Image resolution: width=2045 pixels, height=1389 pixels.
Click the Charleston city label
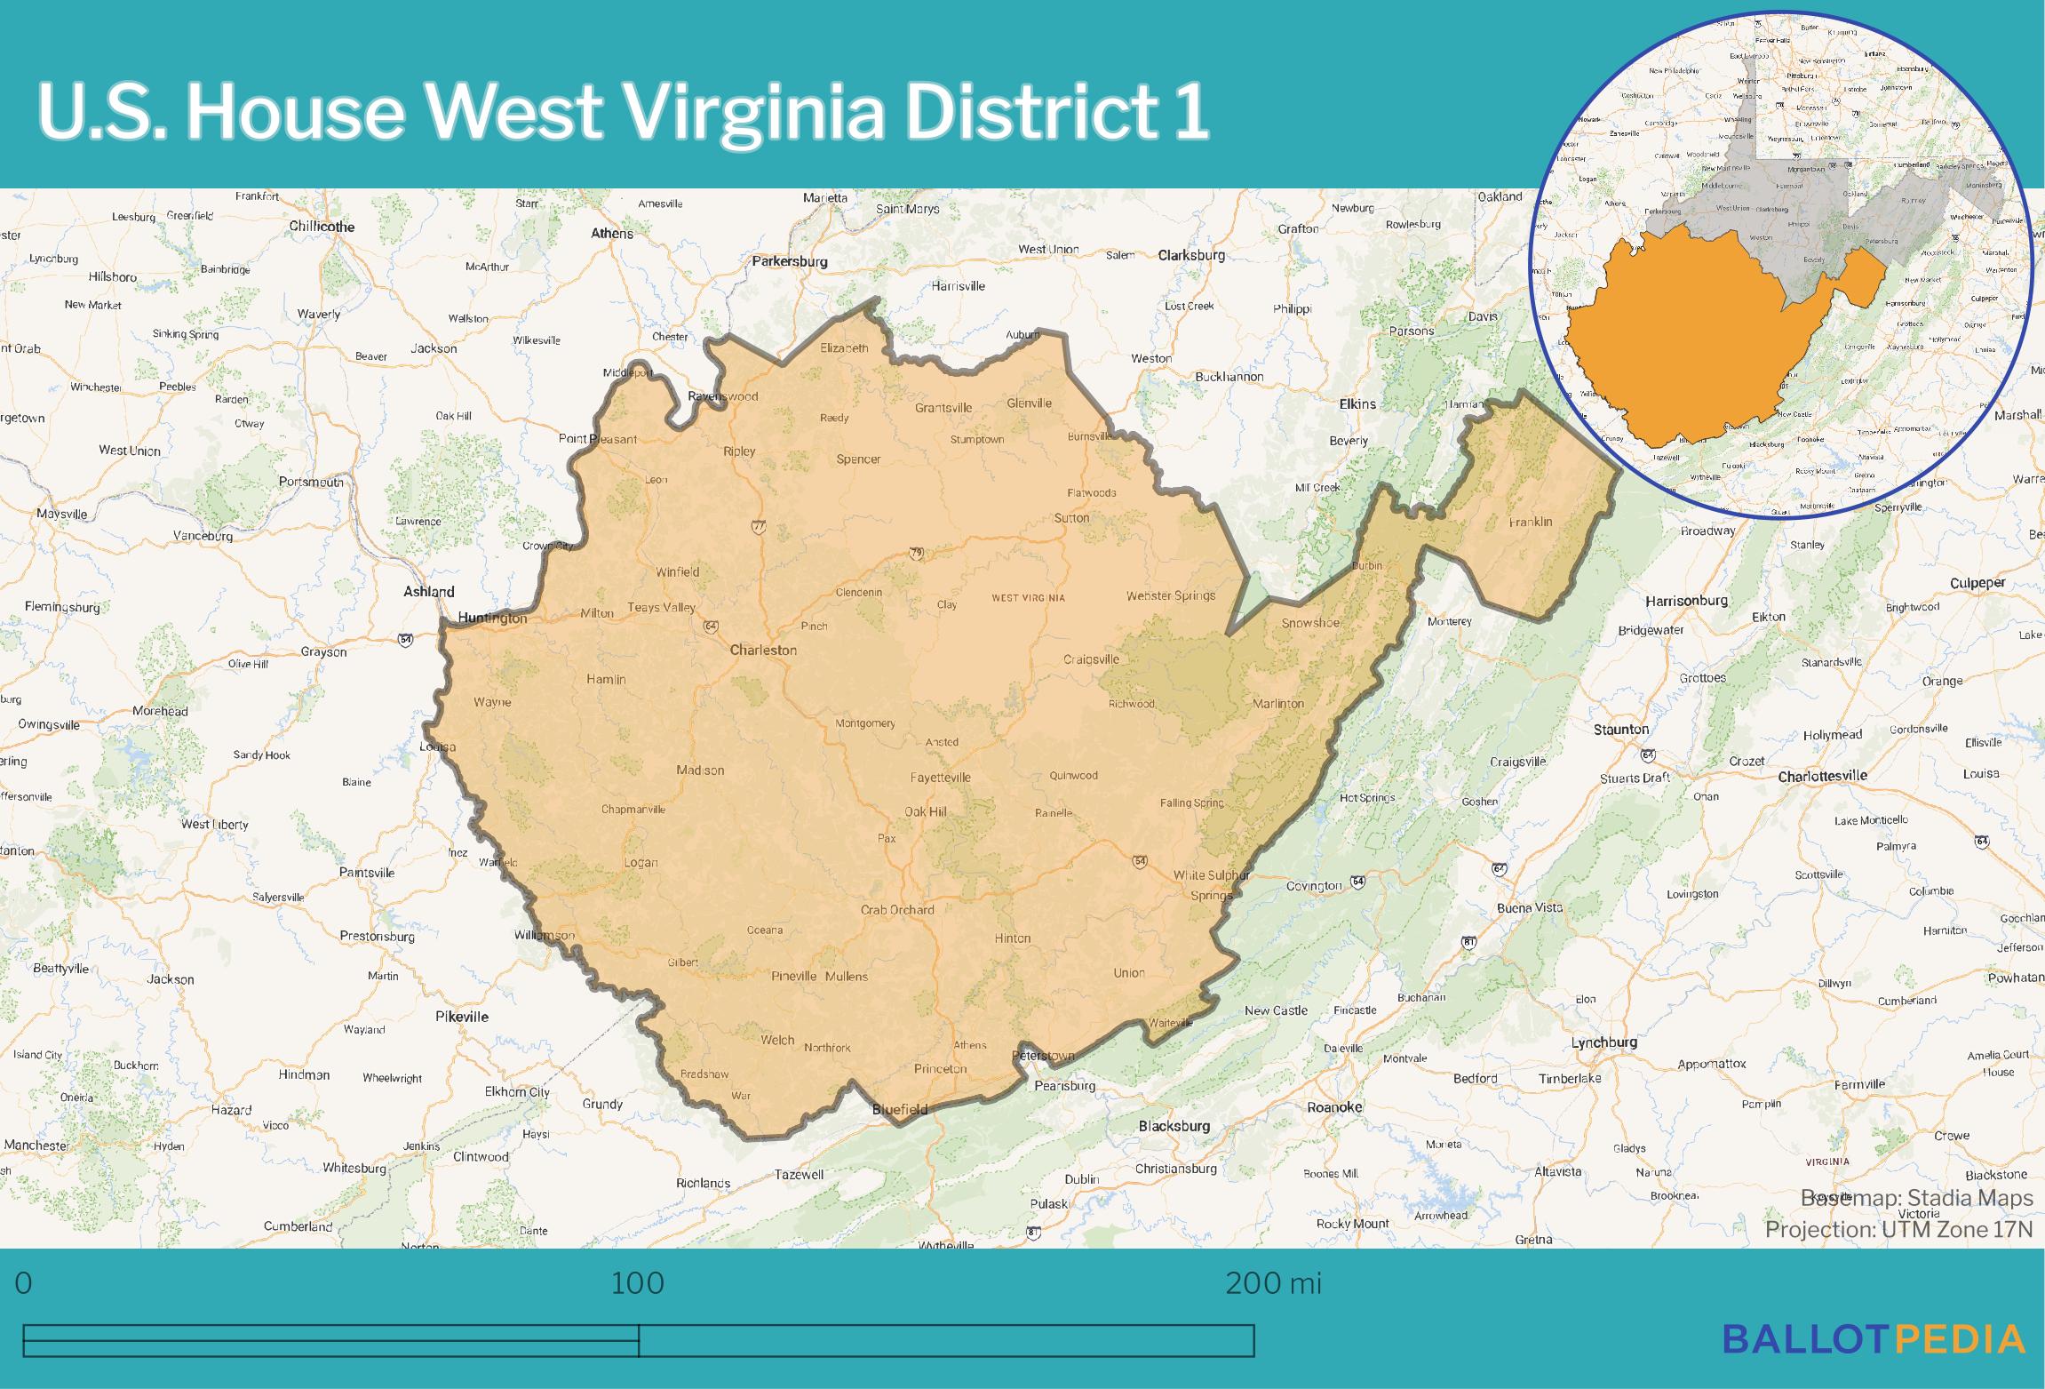pos(763,650)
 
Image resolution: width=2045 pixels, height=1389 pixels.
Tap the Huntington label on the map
pos(492,618)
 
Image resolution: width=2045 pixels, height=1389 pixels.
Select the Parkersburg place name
pos(790,261)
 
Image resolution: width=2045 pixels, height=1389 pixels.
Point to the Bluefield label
pos(900,1109)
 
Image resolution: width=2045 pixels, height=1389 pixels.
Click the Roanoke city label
pos(1334,1107)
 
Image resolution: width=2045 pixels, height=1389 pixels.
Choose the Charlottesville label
pos(1822,776)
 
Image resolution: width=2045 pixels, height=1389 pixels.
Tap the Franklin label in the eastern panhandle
pos(1531,522)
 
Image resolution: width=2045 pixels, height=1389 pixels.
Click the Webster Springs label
pos(1170,595)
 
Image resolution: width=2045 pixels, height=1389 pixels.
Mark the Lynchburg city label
pos(1603,1042)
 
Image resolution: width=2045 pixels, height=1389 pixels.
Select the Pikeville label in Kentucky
pos(462,1017)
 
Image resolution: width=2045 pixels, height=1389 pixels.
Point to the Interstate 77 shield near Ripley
pos(758,527)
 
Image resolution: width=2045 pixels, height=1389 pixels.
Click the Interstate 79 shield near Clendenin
pos(916,554)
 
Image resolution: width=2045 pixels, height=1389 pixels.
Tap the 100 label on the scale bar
pos(638,1283)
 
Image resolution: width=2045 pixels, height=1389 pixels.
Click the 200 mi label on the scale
pos(1273,1283)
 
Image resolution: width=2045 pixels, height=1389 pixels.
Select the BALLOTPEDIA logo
pos(1874,1338)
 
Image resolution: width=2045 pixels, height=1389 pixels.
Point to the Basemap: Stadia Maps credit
pos(1916,1198)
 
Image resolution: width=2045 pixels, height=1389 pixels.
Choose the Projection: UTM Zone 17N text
pos(1898,1229)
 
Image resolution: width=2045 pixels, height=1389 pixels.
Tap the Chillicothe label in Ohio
pos(322,227)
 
